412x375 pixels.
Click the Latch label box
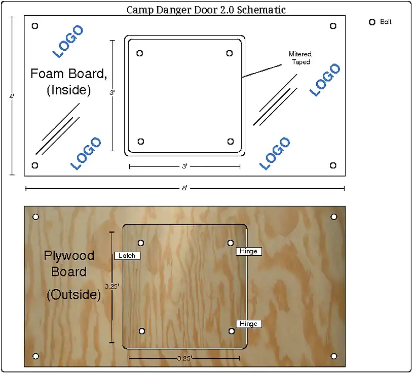pos(127,256)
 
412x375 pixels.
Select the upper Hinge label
pos(248,251)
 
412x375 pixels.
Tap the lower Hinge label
pos(248,324)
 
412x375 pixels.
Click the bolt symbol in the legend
pos(372,22)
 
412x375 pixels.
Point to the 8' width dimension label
pos(185,188)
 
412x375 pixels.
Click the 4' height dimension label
pos(12,96)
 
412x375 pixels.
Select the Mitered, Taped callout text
pos(301,58)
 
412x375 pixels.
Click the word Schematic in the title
pos(261,10)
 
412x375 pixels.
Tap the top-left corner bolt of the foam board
pos(34,26)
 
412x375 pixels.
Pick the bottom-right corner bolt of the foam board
pos(333,165)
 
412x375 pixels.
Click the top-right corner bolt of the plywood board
pos(333,217)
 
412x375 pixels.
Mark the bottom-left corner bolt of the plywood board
pos(36,356)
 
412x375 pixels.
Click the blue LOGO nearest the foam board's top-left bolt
pos(68,41)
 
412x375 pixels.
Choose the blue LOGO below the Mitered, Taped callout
pos(325,80)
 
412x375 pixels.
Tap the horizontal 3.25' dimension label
pos(184,358)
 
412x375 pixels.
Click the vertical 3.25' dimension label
pos(112,286)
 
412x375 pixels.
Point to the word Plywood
pos(69,256)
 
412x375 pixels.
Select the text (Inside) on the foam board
pos(69,90)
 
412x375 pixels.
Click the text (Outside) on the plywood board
pos(74,294)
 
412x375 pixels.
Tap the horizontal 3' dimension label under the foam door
pos(185,166)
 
